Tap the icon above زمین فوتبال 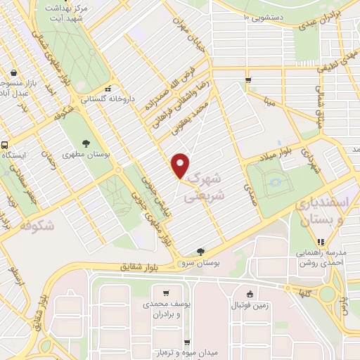pos(250,294)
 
